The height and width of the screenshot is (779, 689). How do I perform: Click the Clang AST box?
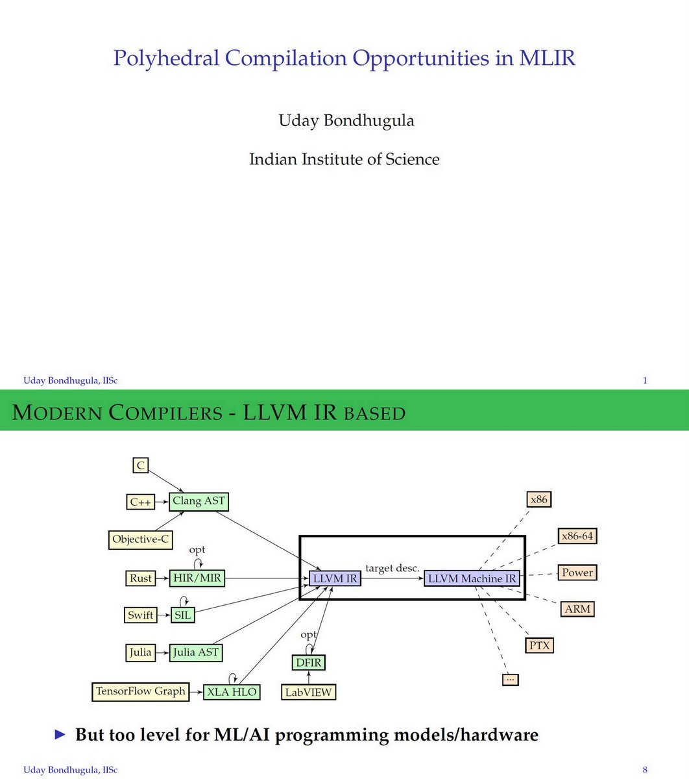click(x=199, y=501)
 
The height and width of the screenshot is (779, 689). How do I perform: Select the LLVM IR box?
click(x=335, y=578)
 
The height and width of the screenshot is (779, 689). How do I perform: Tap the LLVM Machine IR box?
click(x=472, y=578)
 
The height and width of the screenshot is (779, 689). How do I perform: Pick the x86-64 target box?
click(x=577, y=536)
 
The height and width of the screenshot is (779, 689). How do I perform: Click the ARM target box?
click(x=577, y=609)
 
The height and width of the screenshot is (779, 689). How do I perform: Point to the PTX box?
click(x=539, y=645)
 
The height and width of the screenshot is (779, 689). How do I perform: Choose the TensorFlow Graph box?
click(x=141, y=691)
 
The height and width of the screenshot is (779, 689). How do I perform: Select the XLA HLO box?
click(x=232, y=692)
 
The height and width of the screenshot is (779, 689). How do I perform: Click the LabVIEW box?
click(x=308, y=692)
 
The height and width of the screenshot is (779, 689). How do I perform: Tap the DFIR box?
click(x=308, y=663)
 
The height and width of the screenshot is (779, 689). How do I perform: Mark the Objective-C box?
click(x=141, y=539)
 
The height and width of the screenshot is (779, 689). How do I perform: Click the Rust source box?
click(x=141, y=578)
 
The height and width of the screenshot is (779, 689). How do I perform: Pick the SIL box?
click(x=183, y=615)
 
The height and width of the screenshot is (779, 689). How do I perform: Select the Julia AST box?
click(x=195, y=652)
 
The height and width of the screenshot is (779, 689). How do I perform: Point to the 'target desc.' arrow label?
click(x=392, y=568)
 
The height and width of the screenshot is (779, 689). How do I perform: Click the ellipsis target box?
click(x=510, y=679)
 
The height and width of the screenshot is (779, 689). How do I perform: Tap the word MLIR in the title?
click(x=547, y=58)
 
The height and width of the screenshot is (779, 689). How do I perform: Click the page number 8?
click(x=645, y=770)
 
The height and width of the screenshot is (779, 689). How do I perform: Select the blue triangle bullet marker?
click(x=60, y=735)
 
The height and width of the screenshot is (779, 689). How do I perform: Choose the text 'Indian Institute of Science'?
click(x=344, y=159)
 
